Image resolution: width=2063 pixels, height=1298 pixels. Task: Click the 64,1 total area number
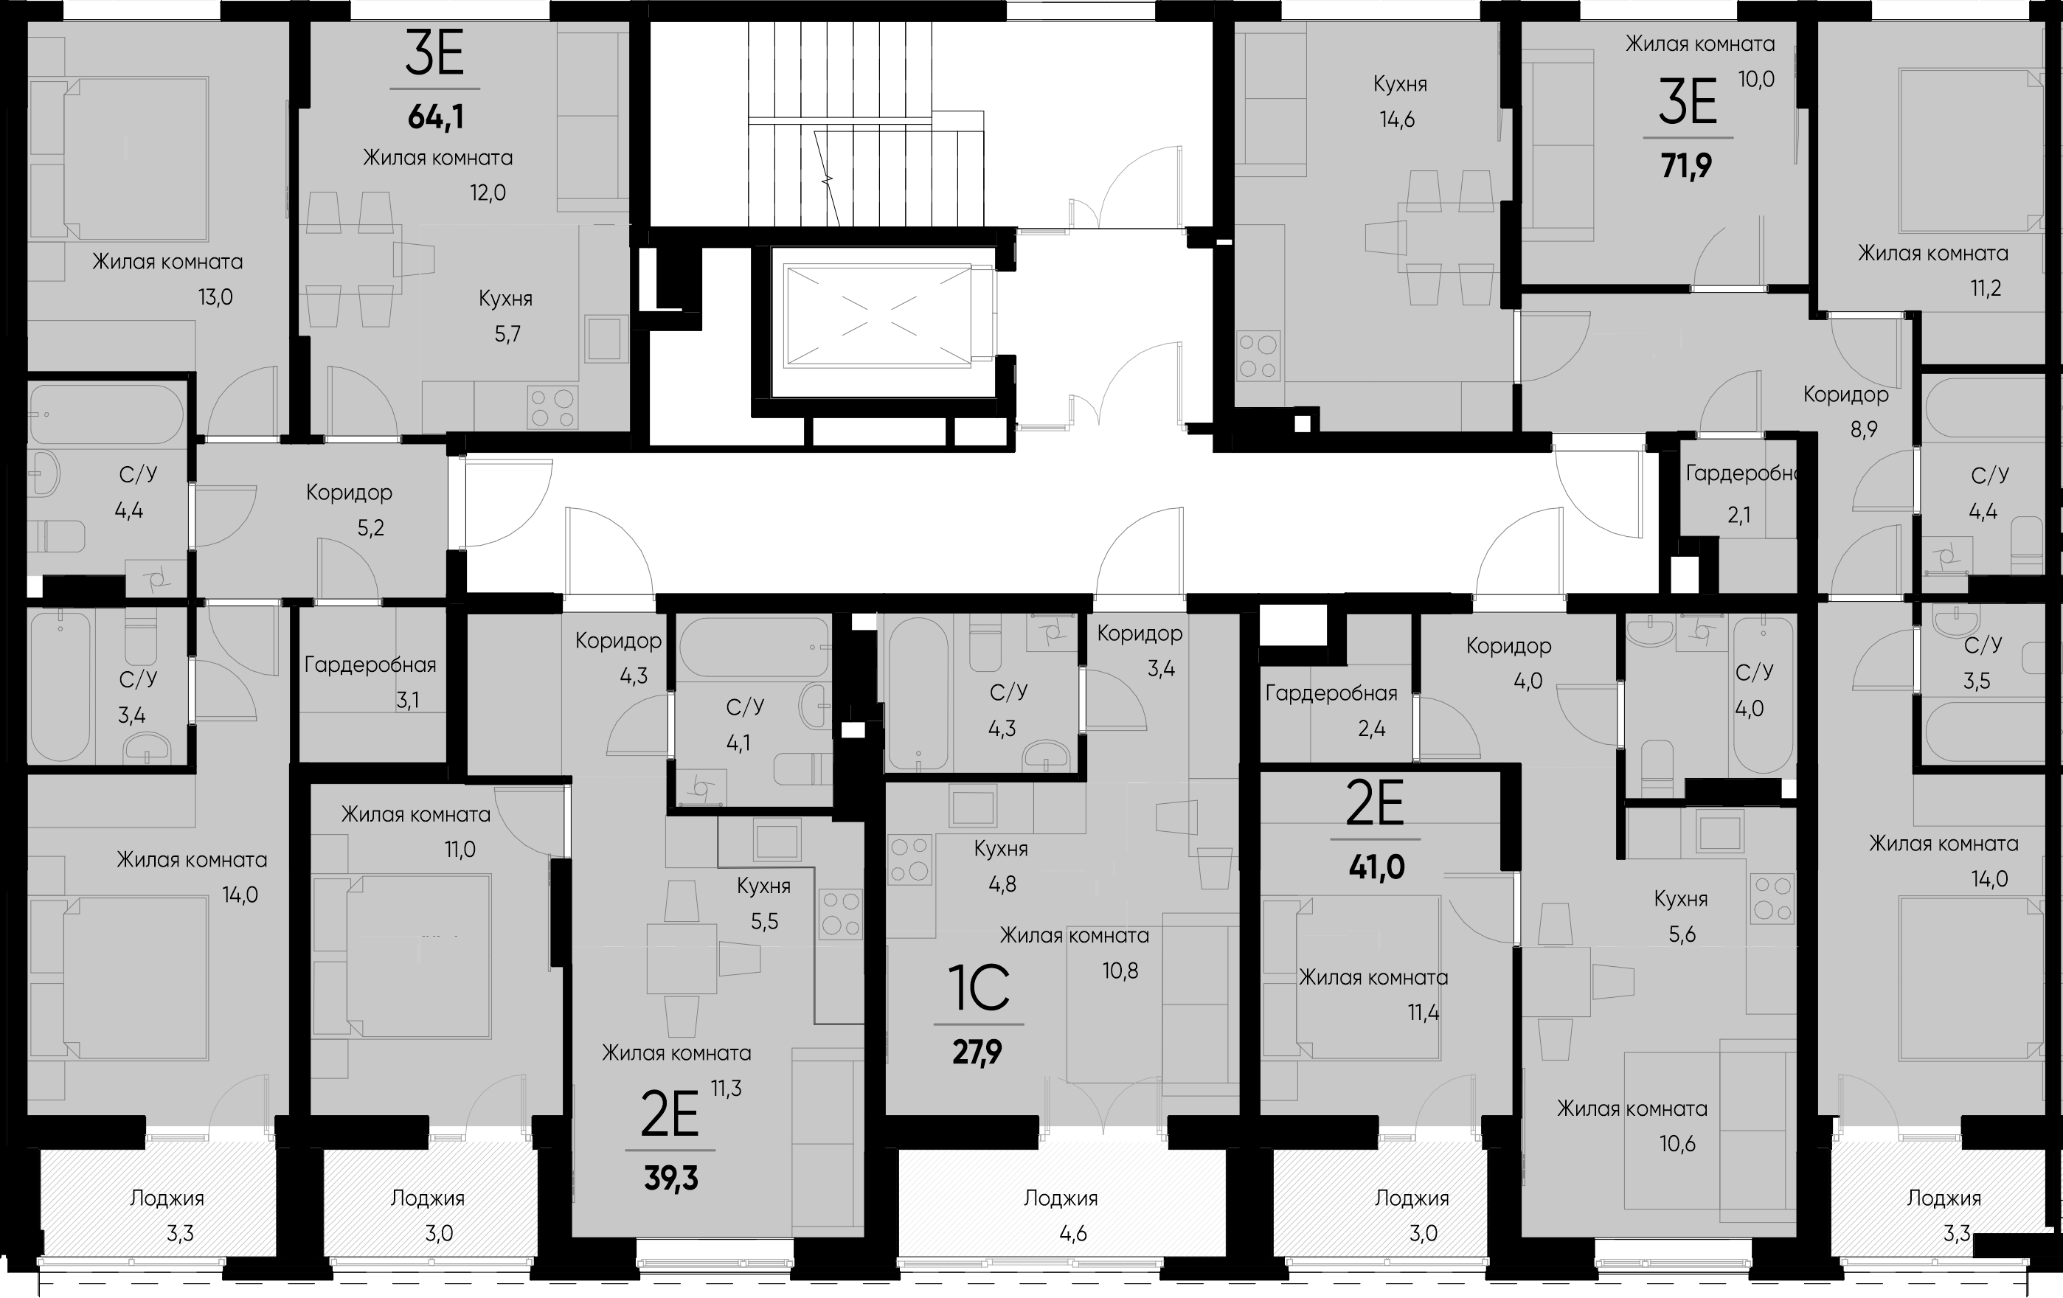pyautogui.click(x=436, y=117)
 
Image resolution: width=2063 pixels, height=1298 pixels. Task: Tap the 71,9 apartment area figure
pyautogui.click(x=1687, y=165)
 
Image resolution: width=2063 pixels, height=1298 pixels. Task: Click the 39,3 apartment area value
pyautogui.click(x=670, y=1179)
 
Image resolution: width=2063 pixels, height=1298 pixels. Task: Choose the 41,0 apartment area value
pyautogui.click(x=1377, y=868)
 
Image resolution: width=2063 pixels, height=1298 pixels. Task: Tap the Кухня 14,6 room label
pyautogui.click(x=1400, y=102)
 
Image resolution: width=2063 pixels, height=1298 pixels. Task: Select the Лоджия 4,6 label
pyautogui.click(x=1061, y=1215)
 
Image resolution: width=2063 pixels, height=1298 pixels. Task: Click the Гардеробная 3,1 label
pyautogui.click(x=370, y=683)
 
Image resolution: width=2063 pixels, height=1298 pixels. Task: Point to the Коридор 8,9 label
pyautogui.click(x=1846, y=412)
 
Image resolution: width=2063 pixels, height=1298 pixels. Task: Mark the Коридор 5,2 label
pyautogui.click(x=350, y=510)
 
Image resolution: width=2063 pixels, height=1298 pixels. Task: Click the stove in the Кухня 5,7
pyautogui.click(x=552, y=408)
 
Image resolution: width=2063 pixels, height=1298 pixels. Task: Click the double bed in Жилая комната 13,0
pyautogui.click(x=120, y=159)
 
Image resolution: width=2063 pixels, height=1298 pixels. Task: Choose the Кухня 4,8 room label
pyautogui.click(x=1001, y=866)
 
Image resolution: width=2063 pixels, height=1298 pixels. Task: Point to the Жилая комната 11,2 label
pyautogui.click(x=1932, y=271)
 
